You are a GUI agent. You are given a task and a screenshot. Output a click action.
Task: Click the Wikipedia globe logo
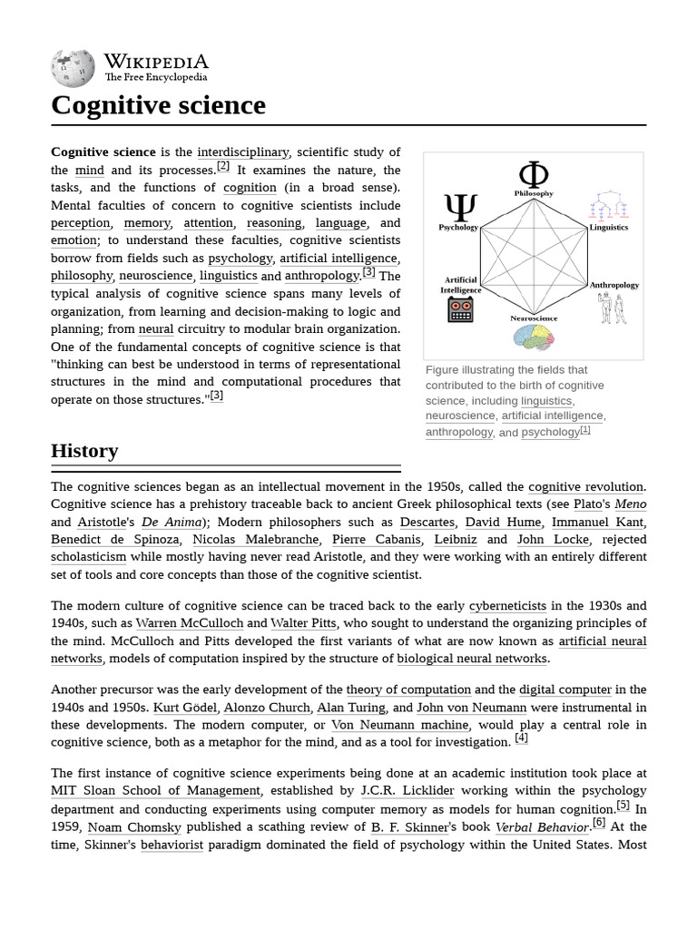tap(73, 68)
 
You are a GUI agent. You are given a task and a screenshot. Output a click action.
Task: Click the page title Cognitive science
tap(158, 105)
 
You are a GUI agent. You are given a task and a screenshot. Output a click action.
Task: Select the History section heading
tap(84, 450)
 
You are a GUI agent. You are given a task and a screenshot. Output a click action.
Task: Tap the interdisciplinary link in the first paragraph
tap(242, 152)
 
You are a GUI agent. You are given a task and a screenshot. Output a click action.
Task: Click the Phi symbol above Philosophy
tap(533, 174)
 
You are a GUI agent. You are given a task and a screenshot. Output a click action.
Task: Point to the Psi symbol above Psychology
tap(460, 208)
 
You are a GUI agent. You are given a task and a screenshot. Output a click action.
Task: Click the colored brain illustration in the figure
tap(534, 337)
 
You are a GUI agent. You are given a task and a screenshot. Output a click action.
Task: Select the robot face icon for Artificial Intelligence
tap(460, 309)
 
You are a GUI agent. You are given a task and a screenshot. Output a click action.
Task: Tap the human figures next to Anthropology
tap(612, 308)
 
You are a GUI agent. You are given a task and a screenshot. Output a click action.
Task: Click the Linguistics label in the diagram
tap(608, 227)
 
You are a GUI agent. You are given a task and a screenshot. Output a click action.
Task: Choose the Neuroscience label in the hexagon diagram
tap(534, 318)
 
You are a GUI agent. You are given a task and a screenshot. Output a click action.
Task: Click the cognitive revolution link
tap(585, 487)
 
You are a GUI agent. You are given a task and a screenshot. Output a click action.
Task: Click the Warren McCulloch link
tap(189, 623)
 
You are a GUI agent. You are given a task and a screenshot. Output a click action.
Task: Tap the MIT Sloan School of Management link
tap(156, 791)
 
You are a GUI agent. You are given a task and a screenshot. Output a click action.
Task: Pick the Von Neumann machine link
tap(399, 725)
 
